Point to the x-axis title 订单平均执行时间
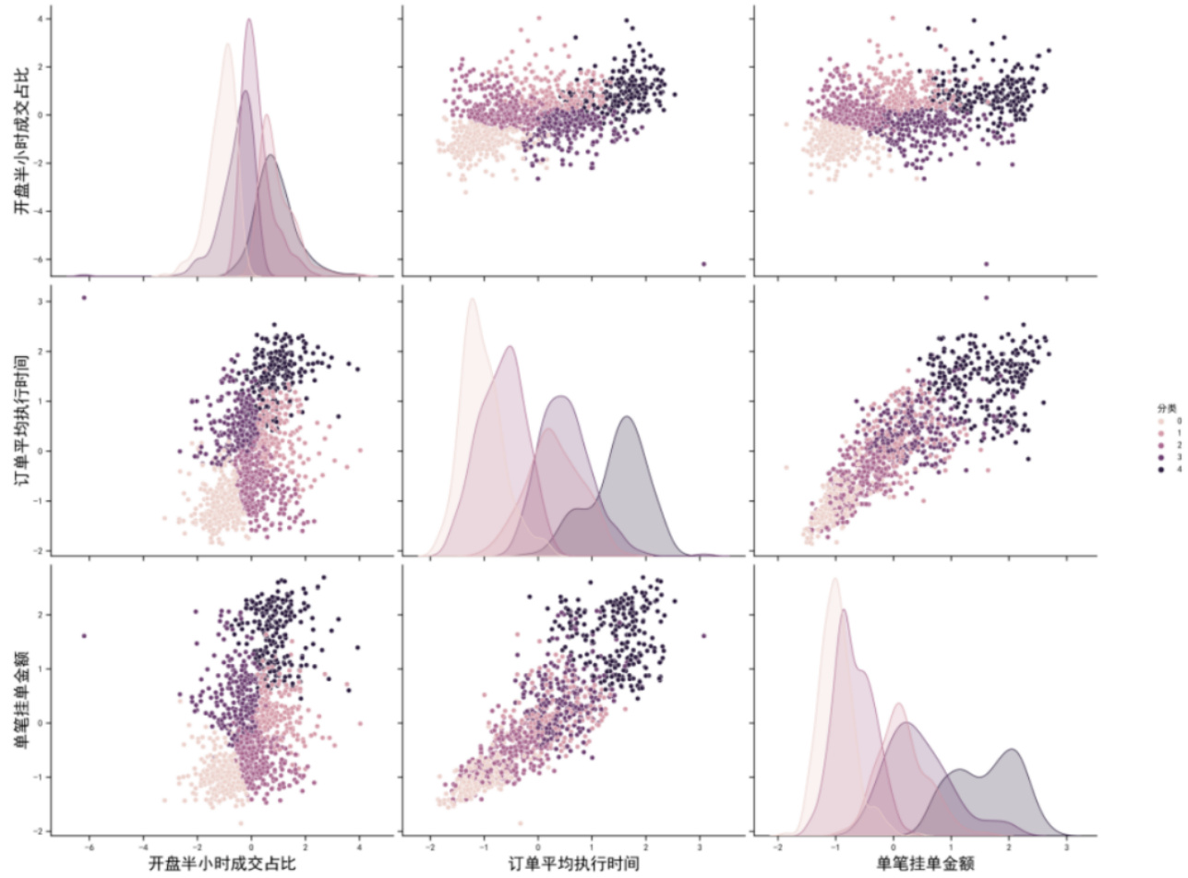[573, 864]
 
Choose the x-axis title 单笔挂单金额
[925, 864]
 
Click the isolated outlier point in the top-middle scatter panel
[703, 264]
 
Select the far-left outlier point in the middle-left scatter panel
[84, 297]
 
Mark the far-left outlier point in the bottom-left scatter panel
[84, 635]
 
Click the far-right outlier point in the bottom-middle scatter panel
[703, 635]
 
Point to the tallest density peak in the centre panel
[472, 299]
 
